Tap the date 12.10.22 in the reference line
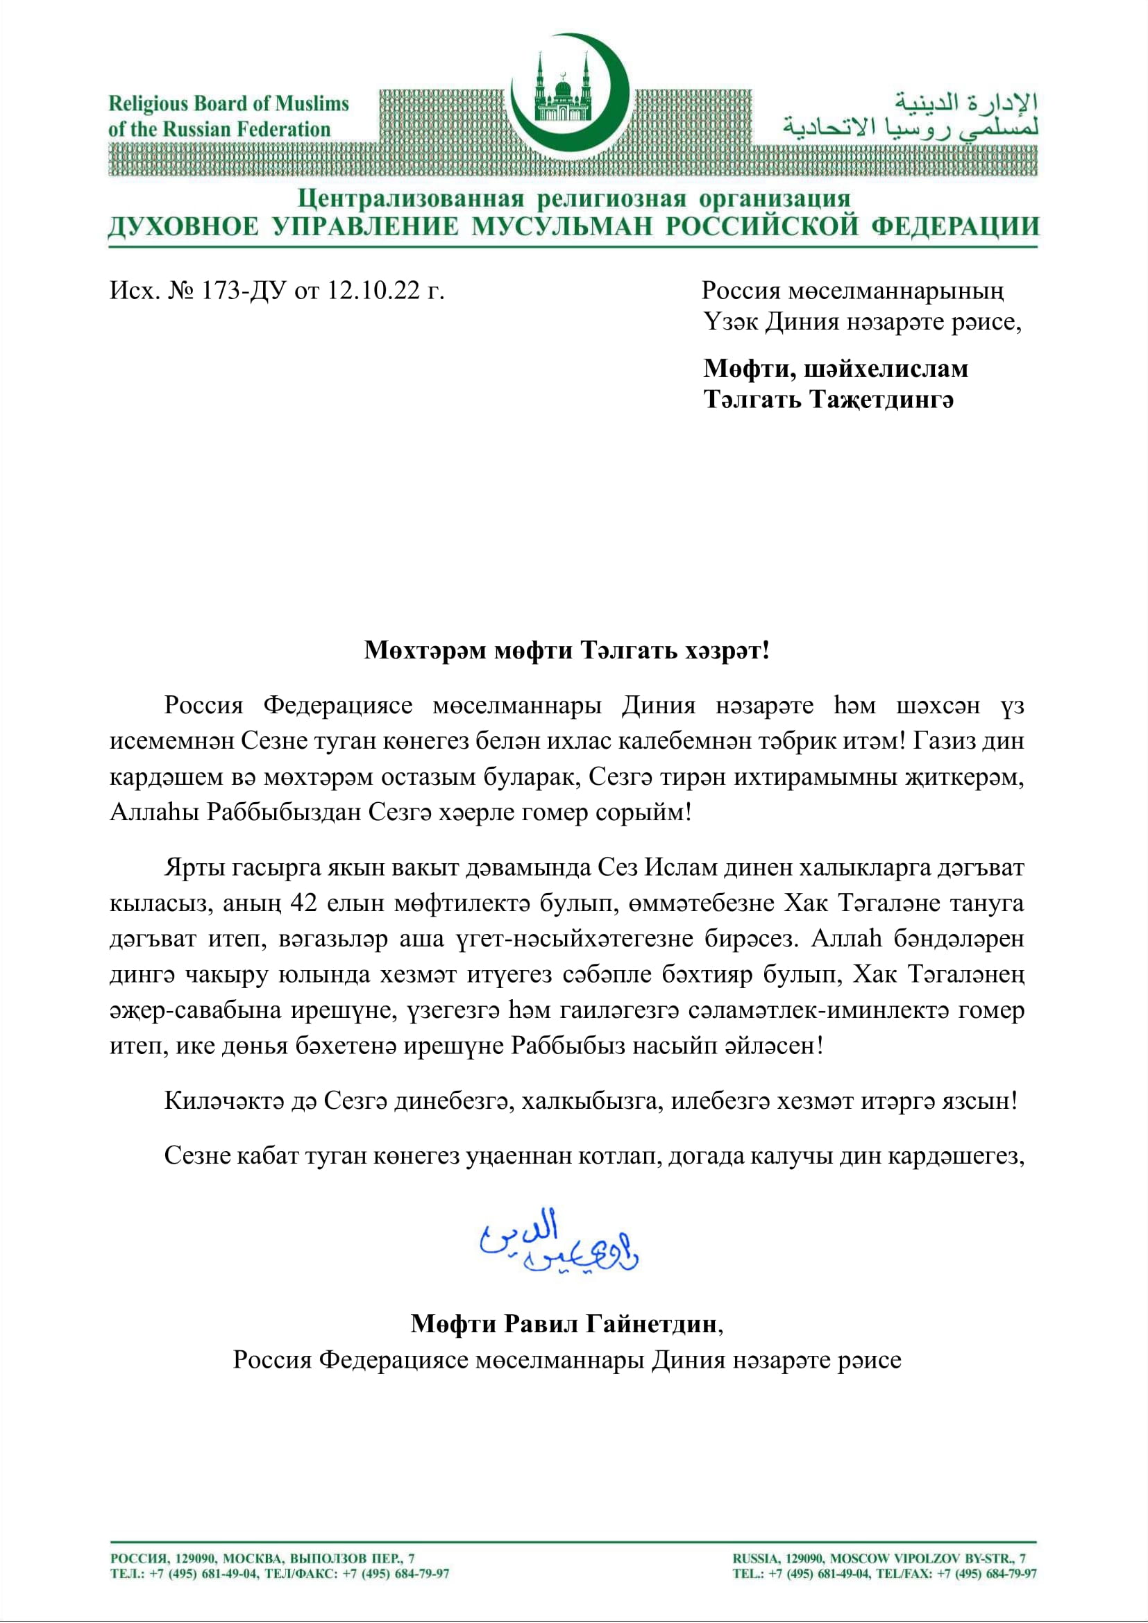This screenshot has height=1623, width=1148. [x=373, y=291]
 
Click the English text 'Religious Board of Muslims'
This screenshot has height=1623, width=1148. [x=228, y=104]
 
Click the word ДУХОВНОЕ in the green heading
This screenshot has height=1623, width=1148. [x=183, y=227]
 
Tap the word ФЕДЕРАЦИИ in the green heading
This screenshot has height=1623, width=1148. [x=954, y=227]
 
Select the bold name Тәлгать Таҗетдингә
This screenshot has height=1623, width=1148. [x=829, y=400]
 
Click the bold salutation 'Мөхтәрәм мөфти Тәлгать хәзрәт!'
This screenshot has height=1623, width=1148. [x=566, y=649]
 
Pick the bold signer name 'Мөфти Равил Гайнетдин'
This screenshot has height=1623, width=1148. [x=564, y=1323]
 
